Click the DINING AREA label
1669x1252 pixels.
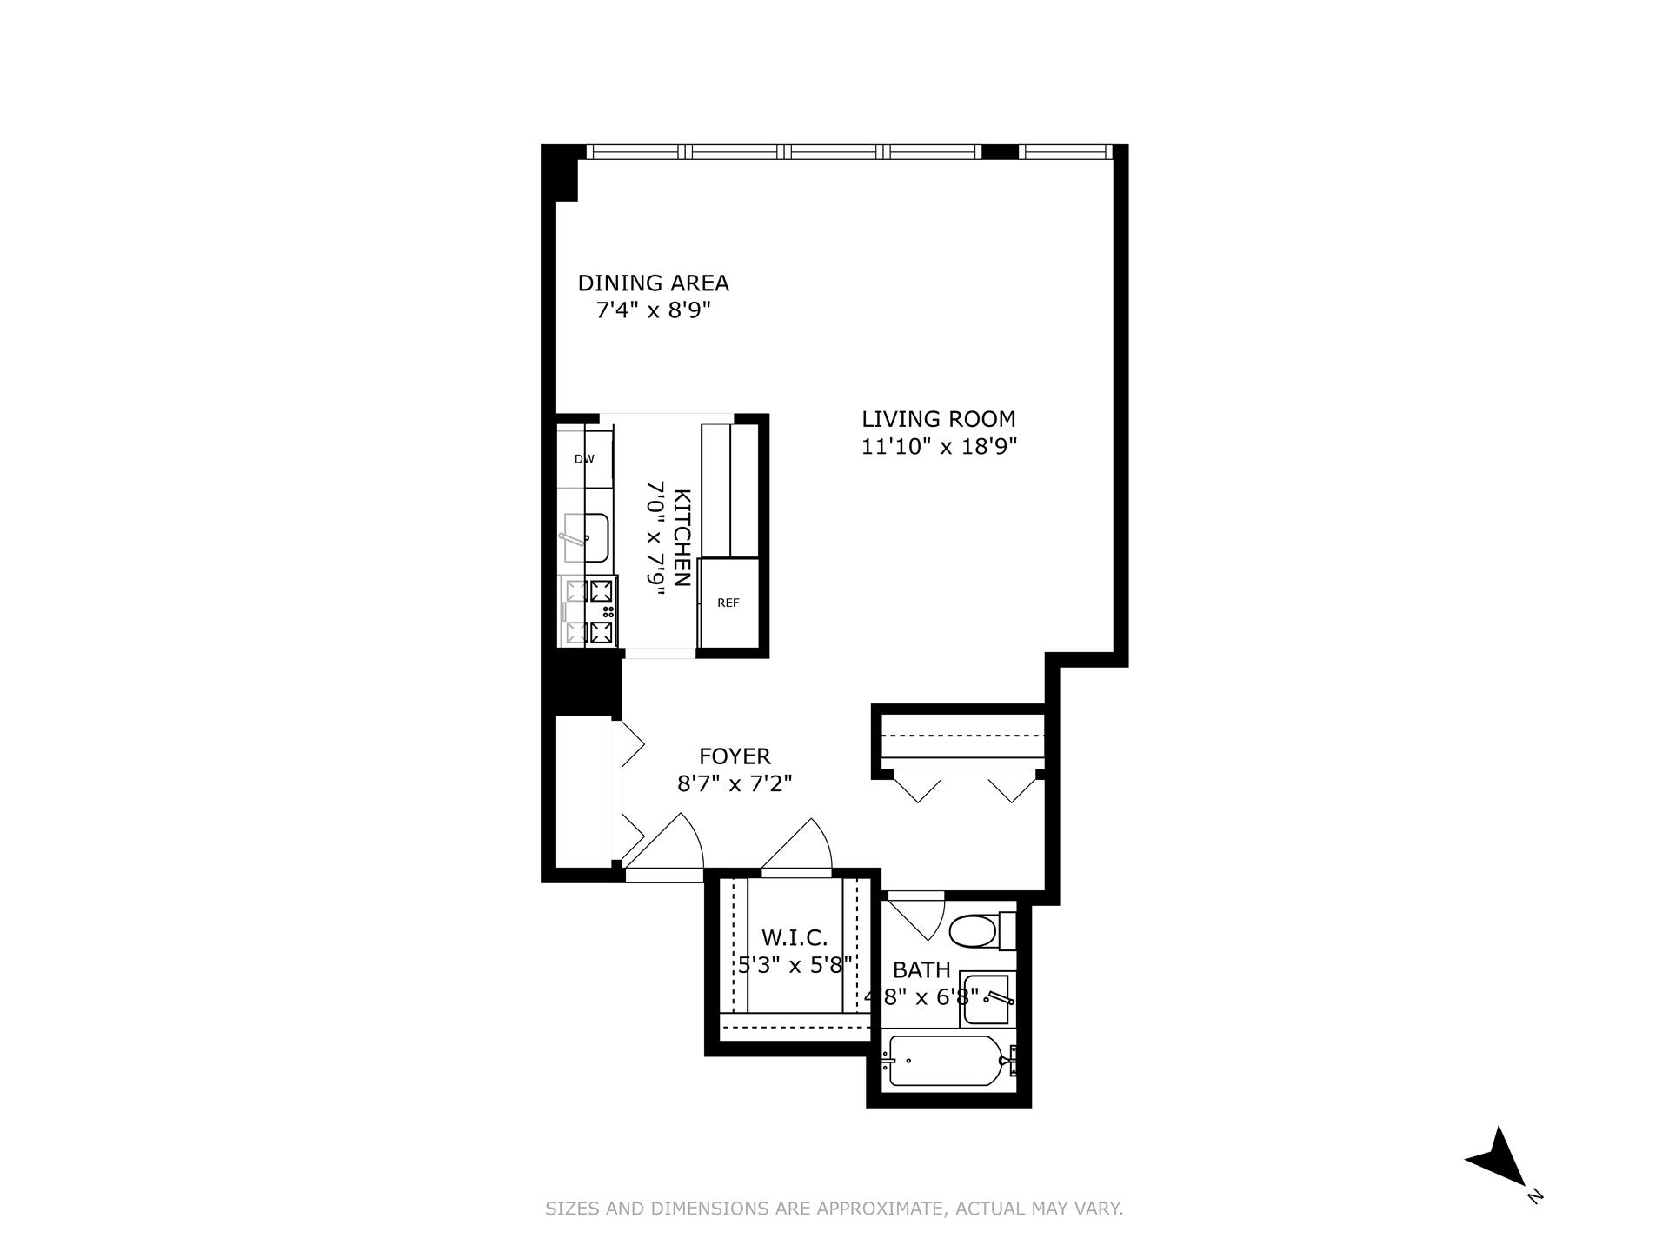653,283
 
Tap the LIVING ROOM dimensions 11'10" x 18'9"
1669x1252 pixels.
939,447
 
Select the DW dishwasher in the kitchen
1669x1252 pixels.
584,458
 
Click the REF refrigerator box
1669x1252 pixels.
728,603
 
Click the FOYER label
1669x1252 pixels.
735,756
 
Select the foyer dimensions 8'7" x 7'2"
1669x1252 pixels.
735,784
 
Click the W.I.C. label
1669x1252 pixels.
795,938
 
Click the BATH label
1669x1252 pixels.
921,970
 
